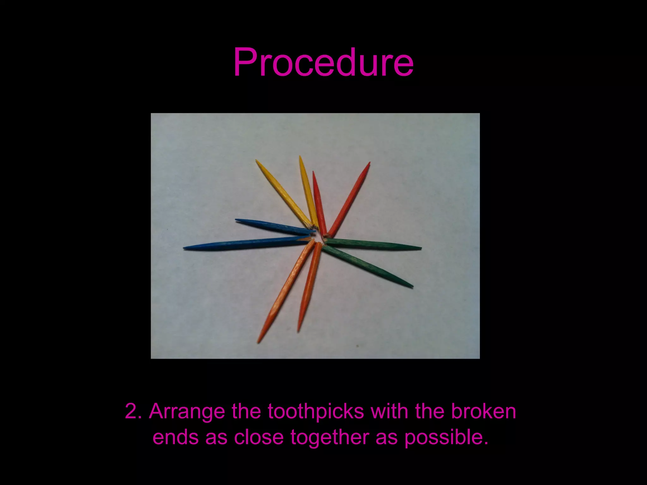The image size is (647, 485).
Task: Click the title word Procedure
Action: pos(323,62)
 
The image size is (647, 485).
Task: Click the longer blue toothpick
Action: pos(246,242)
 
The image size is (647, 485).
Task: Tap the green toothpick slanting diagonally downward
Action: pos(366,266)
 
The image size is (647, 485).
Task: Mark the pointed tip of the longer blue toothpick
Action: pos(185,248)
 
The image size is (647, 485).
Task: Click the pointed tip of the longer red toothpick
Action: pos(369,164)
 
